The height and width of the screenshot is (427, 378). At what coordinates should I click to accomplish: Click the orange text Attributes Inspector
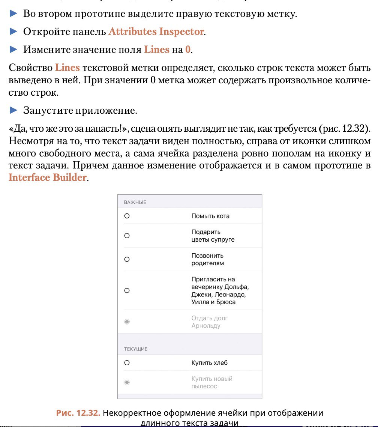[156, 32]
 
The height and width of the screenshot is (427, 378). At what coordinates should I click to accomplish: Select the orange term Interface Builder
[48, 177]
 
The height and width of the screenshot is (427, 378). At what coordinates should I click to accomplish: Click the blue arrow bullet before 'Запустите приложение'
[13, 111]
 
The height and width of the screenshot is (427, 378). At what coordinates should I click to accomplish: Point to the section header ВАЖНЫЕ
[135, 202]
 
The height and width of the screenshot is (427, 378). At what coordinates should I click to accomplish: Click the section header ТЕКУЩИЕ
[135, 349]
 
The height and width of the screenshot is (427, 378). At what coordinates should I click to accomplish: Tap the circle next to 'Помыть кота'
[127, 216]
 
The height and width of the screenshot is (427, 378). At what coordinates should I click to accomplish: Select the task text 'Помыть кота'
[210, 216]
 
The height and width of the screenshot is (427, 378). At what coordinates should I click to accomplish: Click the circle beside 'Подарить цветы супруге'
[127, 236]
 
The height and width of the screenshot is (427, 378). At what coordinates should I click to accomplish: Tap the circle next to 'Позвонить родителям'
[127, 259]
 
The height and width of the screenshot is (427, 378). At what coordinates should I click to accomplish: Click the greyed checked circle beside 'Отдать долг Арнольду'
[127, 322]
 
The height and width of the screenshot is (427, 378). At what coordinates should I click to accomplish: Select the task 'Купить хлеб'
[209, 363]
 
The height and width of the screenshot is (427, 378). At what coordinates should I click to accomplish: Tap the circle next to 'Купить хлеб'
[127, 363]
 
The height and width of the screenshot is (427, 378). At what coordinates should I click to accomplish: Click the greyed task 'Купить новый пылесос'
[211, 382]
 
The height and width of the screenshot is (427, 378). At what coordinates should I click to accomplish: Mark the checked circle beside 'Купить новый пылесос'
[127, 382]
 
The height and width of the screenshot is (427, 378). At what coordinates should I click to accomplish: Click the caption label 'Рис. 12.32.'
[78, 413]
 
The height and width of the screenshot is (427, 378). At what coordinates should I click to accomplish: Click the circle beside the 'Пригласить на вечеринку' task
[127, 290]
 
